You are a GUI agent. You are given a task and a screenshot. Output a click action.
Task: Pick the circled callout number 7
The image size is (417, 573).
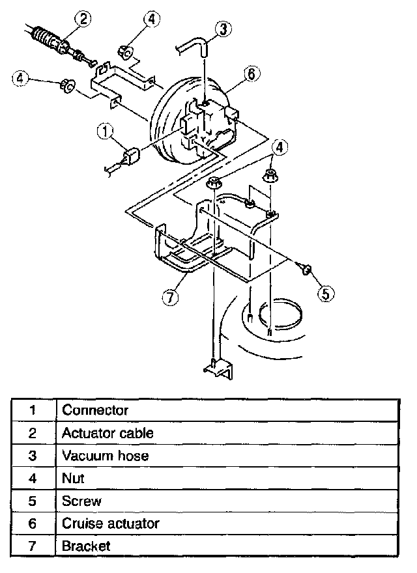click(169, 298)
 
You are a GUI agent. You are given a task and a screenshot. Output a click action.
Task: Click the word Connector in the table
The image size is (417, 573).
click(95, 410)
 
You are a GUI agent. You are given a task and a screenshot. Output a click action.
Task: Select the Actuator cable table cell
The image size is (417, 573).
click(108, 432)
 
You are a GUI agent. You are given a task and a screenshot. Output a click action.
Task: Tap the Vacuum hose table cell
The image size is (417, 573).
click(105, 455)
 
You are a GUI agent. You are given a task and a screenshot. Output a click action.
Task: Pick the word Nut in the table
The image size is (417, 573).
click(73, 478)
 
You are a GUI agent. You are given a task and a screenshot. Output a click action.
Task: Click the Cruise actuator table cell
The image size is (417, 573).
click(110, 523)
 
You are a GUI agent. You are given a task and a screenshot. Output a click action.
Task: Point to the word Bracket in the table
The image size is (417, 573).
click(86, 546)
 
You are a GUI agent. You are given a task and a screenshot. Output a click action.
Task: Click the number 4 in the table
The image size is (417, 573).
click(33, 478)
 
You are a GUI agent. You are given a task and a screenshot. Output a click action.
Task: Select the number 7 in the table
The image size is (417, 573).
click(33, 546)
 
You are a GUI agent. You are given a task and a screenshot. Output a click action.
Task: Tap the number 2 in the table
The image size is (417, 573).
click(33, 432)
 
